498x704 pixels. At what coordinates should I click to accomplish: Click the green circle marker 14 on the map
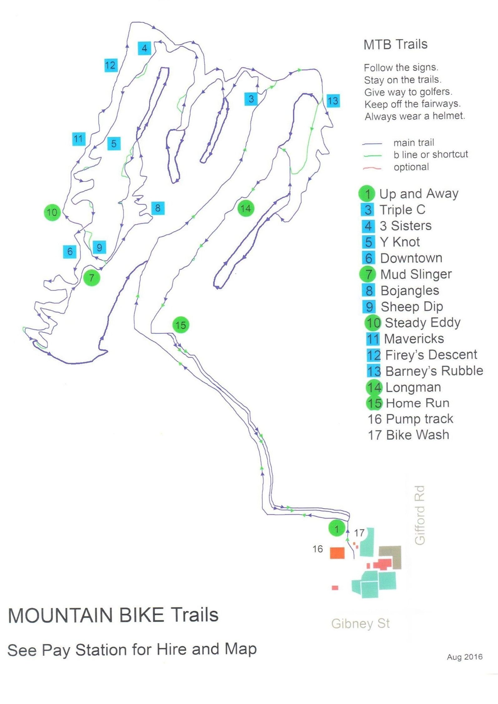click(x=246, y=208)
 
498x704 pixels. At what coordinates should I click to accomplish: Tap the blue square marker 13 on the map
click(x=333, y=101)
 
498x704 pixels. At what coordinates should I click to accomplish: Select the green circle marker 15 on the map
click(x=181, y=325)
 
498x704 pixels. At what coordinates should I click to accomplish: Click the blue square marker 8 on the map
click(x=158, y=208)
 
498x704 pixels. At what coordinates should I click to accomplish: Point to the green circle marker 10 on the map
click(x=52, y=213)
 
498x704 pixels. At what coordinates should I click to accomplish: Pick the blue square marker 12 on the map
click(x=110, y=65)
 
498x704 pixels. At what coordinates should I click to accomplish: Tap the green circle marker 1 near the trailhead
click(x=336, y=529)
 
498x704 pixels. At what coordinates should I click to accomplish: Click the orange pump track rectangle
click(x=337, y=553)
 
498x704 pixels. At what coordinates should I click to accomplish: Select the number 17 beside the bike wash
click(x=359, y=533)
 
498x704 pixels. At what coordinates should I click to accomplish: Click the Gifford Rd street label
click(x=420, y=515)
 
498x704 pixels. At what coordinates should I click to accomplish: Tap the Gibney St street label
click(x=360, y=624)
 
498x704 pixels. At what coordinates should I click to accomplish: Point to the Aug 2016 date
click(x=464, y=657)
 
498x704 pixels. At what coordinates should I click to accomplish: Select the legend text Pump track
click(x=419, y=419)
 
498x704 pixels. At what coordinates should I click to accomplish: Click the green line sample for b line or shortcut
click(x=372, y=155)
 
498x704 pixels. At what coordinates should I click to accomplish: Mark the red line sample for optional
click(x=372, y=168)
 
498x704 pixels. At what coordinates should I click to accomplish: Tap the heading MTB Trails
click(x=395, y=44)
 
